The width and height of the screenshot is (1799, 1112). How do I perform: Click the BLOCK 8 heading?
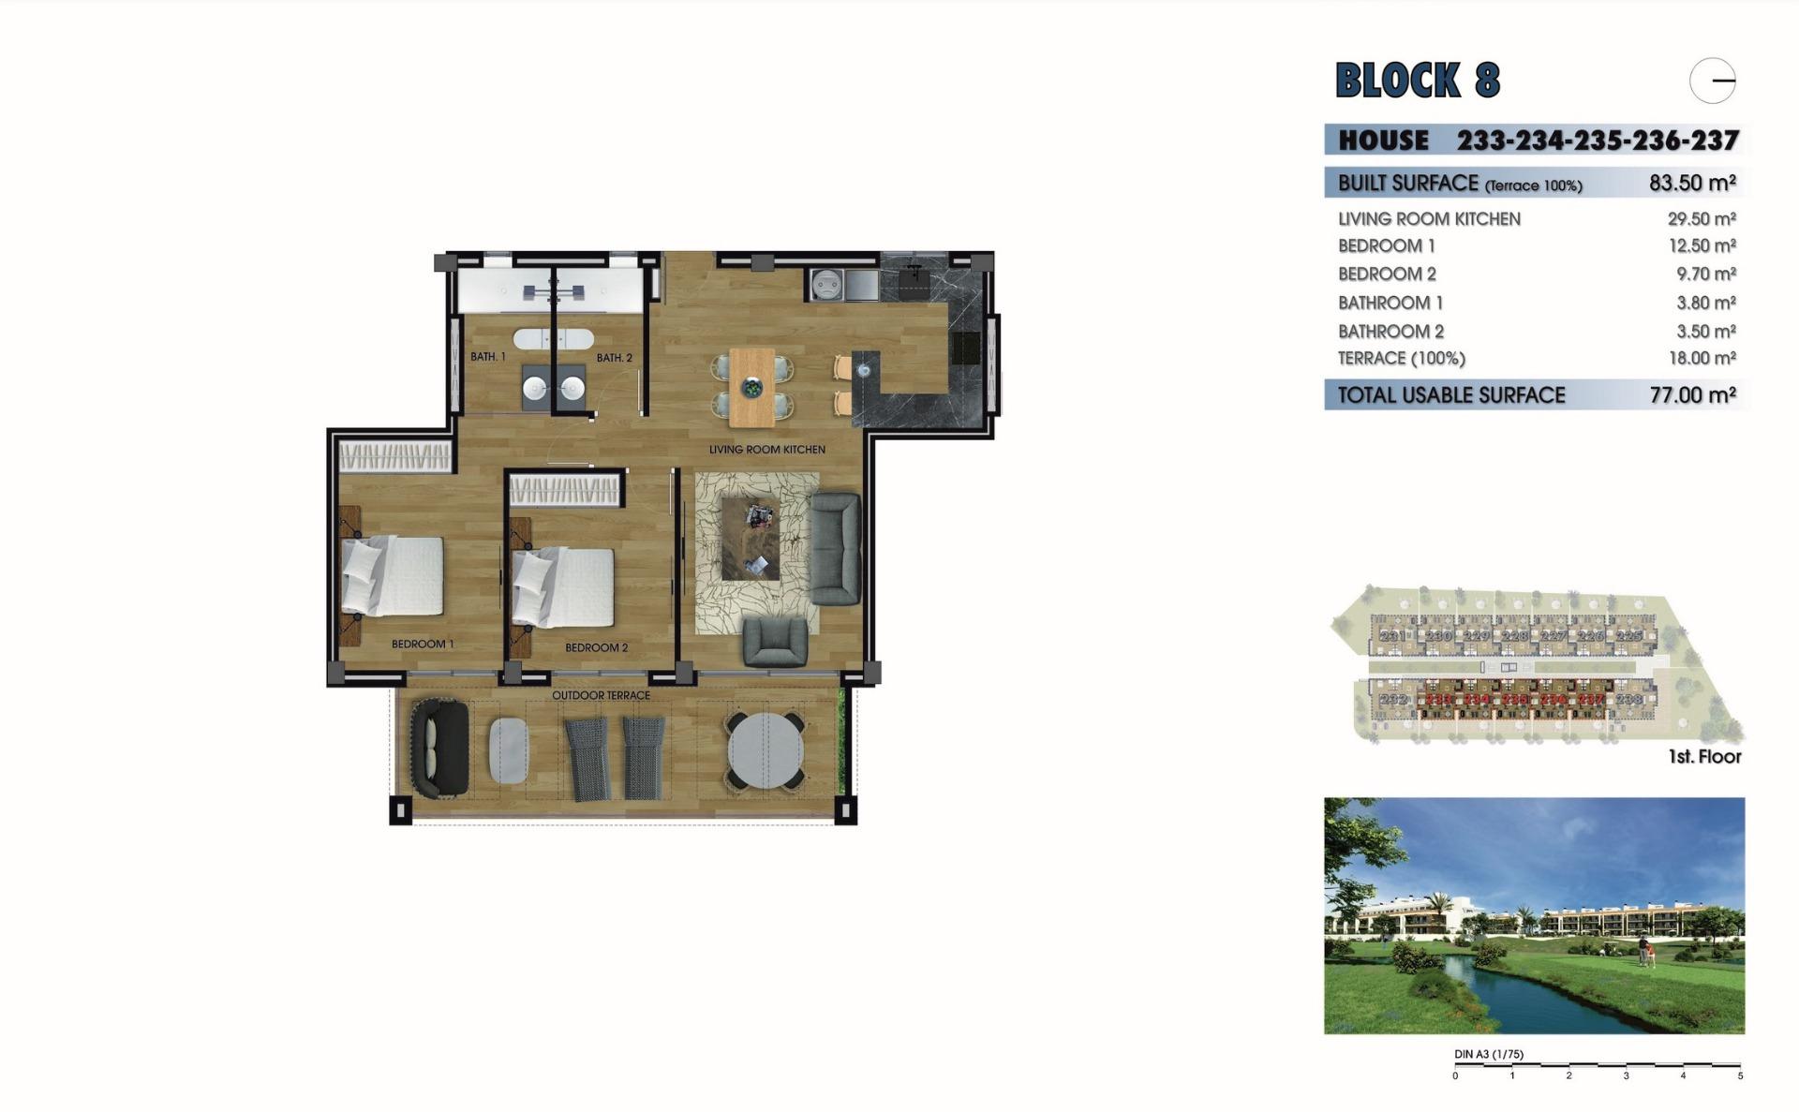click(x=1417, y=81)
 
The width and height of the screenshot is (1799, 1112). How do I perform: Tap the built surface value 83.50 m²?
click(x=1692, y=183)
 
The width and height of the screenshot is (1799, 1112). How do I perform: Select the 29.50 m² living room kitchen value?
click(x=1702, y=219)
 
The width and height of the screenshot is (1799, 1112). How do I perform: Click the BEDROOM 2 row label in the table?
click(x=1387, y=274)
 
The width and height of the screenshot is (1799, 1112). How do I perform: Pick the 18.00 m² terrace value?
click(x=1702, y=359)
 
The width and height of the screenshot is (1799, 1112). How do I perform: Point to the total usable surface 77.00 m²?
click(x=1692, y=395)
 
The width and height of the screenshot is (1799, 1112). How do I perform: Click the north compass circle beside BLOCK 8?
click(x=1713, y=81)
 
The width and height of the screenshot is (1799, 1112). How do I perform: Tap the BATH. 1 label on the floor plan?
click(x=488, y=357)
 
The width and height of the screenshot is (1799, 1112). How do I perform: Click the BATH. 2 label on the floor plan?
click(x=615, y=358)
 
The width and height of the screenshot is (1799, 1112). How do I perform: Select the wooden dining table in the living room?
click(x=751, y=386)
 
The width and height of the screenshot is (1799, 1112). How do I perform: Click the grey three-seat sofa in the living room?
click(x=835, y=549)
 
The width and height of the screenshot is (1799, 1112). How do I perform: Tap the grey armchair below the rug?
click(x=774, y=642)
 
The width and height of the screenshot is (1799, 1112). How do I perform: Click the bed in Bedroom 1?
click(x=394, y=575)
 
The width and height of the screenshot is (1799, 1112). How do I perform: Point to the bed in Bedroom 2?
click(x=564, y=587)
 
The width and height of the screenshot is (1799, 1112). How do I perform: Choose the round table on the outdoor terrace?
click(x=766, y=751)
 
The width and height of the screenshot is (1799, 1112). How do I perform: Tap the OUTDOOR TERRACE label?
click(x=601, y=695)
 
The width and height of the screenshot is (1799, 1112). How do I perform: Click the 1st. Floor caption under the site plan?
click(x=1704, y=757)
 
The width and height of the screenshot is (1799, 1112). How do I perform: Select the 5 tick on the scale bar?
click(x=1740, y=1075)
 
